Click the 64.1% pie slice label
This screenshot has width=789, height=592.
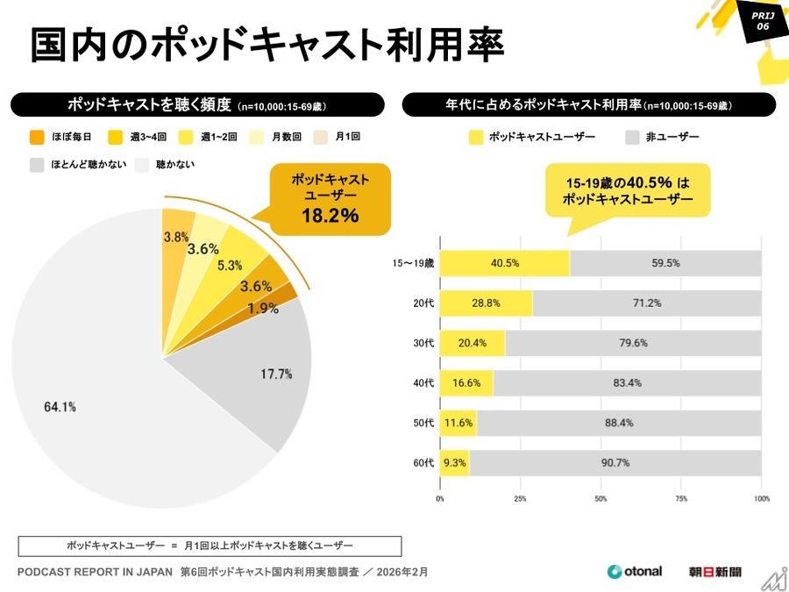pyautogui.click(x=60, y=406)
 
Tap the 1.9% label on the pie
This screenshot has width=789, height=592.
pyautogui.click(x=263, y=308)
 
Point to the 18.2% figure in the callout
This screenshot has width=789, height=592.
pyautogui.click(x=330, y=216)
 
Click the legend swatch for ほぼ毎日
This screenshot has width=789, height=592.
pyautogui.click(x=37, y=137)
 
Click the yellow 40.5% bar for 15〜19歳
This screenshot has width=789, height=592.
pyautogui.click(x=504, y=263)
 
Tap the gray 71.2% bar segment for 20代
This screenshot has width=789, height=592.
pyautogui.click(x=646, y=303)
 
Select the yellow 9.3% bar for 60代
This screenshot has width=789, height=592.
pyautogui.click(x=454, y=462)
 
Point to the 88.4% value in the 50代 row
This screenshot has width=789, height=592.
pyautogui.click(x=619, y=423)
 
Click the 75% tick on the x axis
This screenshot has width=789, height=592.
pyautogui.click(x=680, y=498)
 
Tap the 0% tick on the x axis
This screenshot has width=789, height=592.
pyautogui.click(x=440, y=498)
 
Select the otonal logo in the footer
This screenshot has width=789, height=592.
pyautogui.click(x=635, y=572)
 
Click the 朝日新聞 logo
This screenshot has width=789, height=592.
pyautogui.click(x=714, y=572)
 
